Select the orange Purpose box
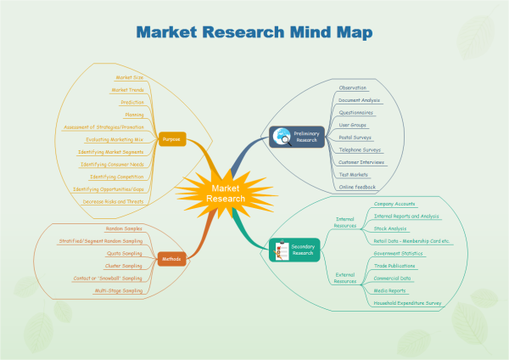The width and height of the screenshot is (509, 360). click(172, 138)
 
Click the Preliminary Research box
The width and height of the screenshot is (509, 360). click(296, 136)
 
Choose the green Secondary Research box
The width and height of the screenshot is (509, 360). click(294, 249)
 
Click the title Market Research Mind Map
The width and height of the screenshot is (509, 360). click(255, 32)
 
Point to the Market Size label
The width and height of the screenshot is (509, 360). click(130, 77)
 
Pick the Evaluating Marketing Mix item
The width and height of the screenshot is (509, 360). click(115, 138)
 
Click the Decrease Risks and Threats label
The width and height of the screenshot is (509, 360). click(114, 202)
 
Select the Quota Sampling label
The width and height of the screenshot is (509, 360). click(125, 253)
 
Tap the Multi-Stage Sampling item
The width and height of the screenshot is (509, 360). click(119, 290)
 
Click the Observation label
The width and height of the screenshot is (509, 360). click(352, 87)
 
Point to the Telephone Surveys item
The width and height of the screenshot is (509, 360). click(360, 149)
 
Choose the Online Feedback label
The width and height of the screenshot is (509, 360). click(356, 186)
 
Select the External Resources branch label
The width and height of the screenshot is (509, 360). click(345, 277)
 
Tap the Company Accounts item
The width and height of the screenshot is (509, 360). click(395, 205)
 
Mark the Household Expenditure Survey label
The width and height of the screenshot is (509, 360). click(408, 302)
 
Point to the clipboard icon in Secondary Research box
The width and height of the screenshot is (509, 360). click(280, 249)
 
